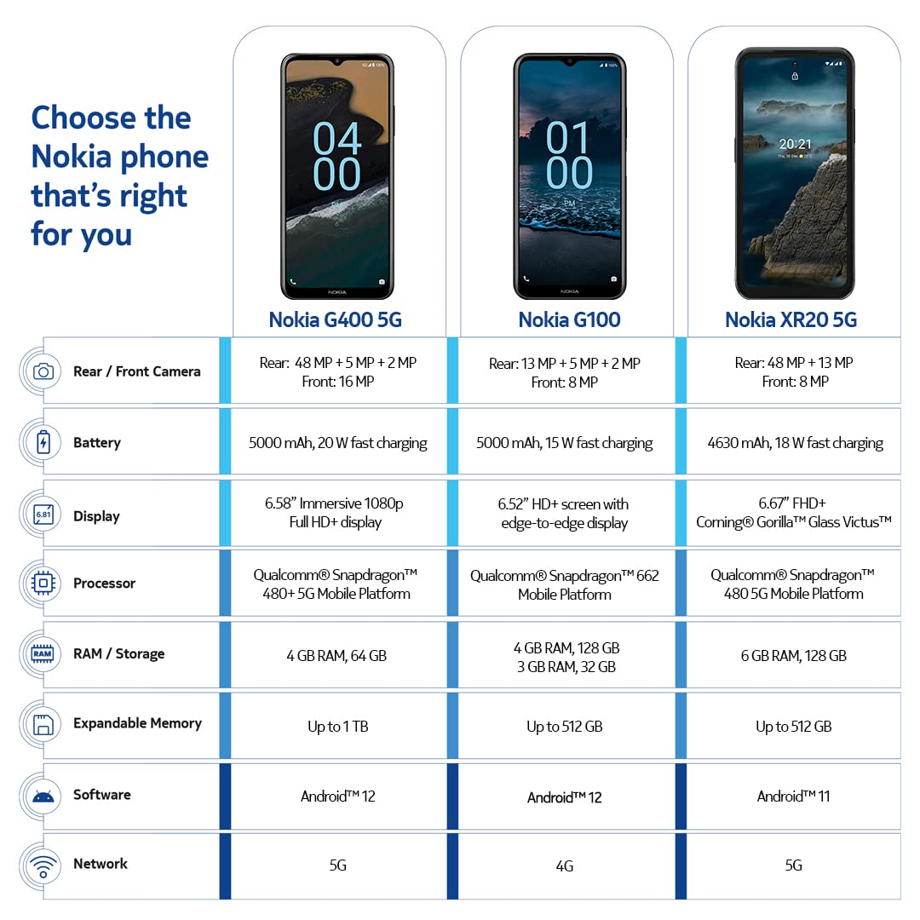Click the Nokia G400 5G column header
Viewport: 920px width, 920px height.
pyautogui.click(x=335, y=319)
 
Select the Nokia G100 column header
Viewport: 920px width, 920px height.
pyautogui.click(x=569, y=319)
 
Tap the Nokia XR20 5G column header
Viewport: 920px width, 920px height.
pyautogui.click(x=791, y=319)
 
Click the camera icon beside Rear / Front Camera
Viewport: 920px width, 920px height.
pyautogui.click(x=43, y=371)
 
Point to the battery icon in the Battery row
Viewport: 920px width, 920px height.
pyautogui.click(x=43, y=442)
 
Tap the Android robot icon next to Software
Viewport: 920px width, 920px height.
pyautogui.click(x=43, y=796)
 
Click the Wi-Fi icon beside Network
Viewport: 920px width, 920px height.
pyautogui.click(x=43, y=865)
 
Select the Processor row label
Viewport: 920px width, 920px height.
pyautogui.click(x=104, y=584)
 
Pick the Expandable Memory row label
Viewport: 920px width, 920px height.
pyautogui.click(x=137, y=723)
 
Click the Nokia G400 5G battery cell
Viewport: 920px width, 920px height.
pyautogui.click(x=338, y=443)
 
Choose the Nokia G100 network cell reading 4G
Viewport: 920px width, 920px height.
pyautogui.click(x=564, y=866)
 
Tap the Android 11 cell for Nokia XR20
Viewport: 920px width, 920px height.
pyautogui.click(x=793, y=796)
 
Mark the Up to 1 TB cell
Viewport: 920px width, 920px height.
pyautogui.click(x=338, y=727)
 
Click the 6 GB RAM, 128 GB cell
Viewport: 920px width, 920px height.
pyautogui.click(x=793, y=656)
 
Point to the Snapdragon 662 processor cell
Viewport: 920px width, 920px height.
pyautogui.click(x=564, y=584)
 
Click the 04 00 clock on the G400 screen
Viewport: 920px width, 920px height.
pyautogui.click(x=337, y=156)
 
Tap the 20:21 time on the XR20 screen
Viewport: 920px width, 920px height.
pyautogui.click(x=795, y=144)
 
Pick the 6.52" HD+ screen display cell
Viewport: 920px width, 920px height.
pyautogui.click(x=564, y=514)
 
